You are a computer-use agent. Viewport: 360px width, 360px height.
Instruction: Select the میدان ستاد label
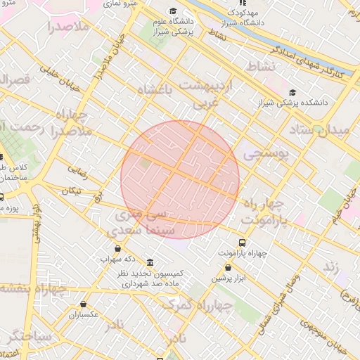pyautogui.click(x=319, y=131)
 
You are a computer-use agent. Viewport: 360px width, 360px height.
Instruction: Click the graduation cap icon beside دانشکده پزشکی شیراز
pyautogui.click(x=292, y=93)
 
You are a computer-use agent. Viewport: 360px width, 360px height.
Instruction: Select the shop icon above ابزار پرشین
pyautogui.click(x=228, y=267)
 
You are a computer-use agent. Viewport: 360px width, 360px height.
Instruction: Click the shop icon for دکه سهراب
pyautogui.click(x=117, y=248)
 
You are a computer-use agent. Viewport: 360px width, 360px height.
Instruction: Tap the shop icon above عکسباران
pyautogui.click(x=84, y=304)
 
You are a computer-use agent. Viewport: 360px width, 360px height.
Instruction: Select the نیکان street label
pyautogui.click(x=72, y=191)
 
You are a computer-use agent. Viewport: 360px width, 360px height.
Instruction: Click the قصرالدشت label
pyautogui.click(x=15, y=79)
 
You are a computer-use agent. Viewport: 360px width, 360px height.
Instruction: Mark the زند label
pyautogui.click(x=331, y=267)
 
